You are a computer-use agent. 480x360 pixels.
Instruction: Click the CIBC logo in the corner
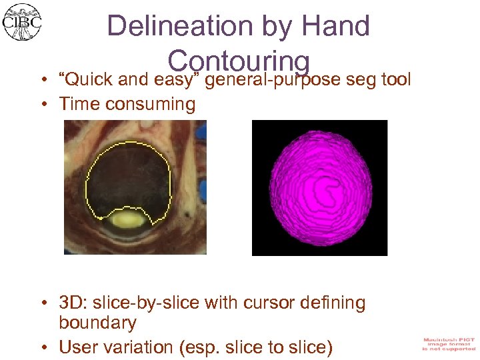[x=21, y=21]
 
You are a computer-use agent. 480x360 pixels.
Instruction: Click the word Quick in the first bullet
[x=87, y=81]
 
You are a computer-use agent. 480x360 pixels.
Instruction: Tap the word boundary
[x=97, y=323]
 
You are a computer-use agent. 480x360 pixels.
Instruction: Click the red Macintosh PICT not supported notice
[x=448, y=344]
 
